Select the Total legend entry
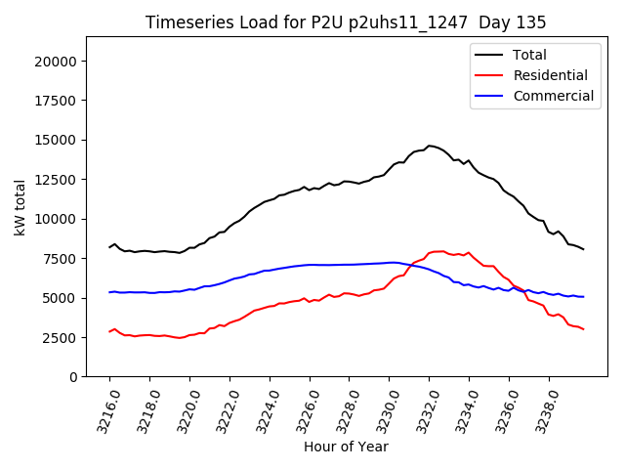point(529,55)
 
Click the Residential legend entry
point(550,75)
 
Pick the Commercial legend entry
point(553,96)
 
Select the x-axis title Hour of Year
point(346,447)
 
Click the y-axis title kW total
point(21,207)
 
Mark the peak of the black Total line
point(429,146)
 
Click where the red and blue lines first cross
point(407,265)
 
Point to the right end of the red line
point(584,329)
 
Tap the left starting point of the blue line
point(109,292)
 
